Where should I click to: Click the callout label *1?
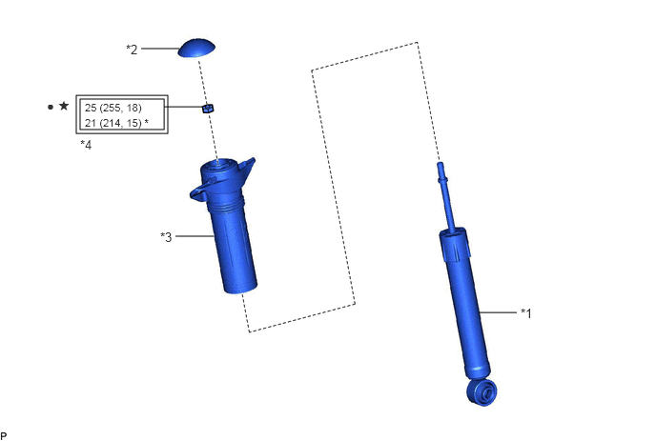[x=526, y=312]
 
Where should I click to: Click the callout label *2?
[x=132, y=50]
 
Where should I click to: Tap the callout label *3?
[x=166, y=237]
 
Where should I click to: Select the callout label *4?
[x=86, y=145]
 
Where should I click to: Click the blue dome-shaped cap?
[x=196, y=48]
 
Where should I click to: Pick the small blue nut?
[x=208, y=109]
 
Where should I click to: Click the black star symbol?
[x=64, y=106]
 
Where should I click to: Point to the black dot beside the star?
[x=51, y=107]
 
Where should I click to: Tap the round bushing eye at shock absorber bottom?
[x=482, y=392]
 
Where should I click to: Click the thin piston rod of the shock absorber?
[x=447, y=196]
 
